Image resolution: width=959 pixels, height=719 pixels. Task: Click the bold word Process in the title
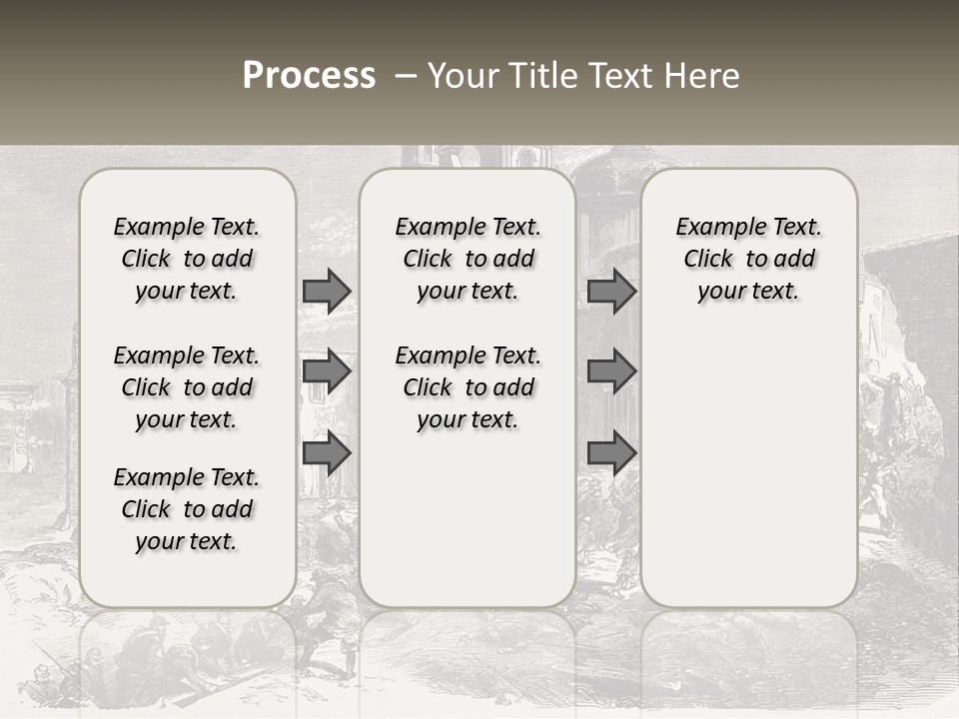[x=309, y=76]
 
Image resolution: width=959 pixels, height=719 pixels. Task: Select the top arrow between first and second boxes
[x=327, y=291]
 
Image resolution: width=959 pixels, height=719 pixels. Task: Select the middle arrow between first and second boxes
[x=327, y=371]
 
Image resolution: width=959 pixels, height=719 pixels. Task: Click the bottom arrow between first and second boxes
[x=327, y=453]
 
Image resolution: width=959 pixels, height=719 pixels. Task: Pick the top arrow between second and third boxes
[x=611, y=291]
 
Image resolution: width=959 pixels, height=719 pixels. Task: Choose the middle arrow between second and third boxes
[x=611, y=371]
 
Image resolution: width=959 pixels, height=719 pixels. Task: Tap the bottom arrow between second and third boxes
[x=611, y=453]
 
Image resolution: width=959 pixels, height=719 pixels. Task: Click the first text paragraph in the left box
[x=187, y=259]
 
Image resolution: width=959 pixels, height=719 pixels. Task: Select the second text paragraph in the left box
[x=187, y=387]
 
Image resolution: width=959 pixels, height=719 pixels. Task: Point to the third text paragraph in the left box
[x=187, y=509]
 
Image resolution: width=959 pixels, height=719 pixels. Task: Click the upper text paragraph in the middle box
[x=468, y=259]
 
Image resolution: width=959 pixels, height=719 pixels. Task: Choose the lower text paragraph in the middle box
[x=468, y=387]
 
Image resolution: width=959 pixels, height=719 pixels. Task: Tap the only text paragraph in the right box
[x=748, y=259]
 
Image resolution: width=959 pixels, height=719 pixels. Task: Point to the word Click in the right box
[x=708, y=260]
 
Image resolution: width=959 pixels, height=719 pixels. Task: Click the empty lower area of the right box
[x=748, y=469]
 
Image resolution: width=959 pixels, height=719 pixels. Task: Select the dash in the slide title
[x=406, y=76]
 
